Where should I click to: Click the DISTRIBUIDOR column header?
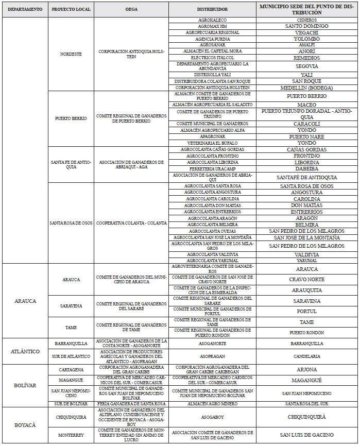click(x=212, y=9)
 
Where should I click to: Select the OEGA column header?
click(x=131, y=9)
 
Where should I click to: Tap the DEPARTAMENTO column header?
click(x=25, y=9)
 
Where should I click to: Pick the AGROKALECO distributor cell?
click(x=212, y=20)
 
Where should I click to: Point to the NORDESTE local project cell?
click(x=71, y=54)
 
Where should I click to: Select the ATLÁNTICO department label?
click(x=25, y=351)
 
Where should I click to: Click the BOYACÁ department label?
click(x=25, y=425)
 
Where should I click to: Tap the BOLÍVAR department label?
click(x=25, y=385)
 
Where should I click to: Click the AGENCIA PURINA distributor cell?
click(x=212, y=39)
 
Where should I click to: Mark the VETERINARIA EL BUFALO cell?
click(x=212, y=143)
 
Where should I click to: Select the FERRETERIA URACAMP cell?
click(x=212, y=168)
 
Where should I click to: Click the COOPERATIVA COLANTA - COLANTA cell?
click(x=131, y=222)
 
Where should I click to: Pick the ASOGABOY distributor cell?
click(x=212, y=417)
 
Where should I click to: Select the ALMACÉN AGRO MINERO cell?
click(x=212, y=403)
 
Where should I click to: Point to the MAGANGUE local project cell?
click(x=71, y=380)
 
